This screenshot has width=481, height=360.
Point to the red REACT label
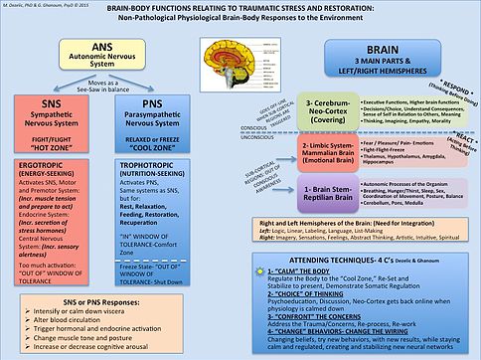click(x=458, y=160)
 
